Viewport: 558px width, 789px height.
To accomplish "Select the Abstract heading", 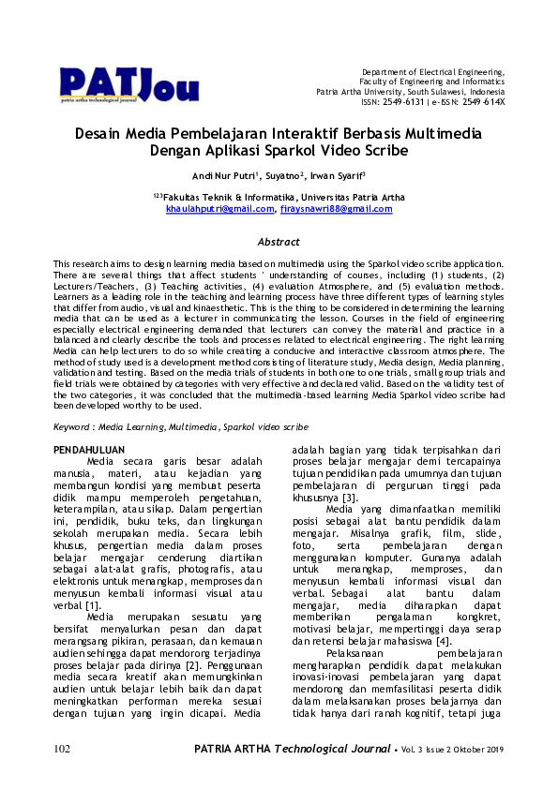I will pyautogui.click(x=279, y=241).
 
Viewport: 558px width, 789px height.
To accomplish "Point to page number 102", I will pyautogui.click(x=62, y=775).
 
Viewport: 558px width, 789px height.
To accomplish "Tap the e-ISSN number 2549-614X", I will pyautogui.click(x=485, y=101).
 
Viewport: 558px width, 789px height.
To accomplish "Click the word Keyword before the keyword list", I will pyautogui.click(x=76, y=425).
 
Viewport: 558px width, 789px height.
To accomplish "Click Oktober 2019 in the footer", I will pyautogui.click(x=478, y=776).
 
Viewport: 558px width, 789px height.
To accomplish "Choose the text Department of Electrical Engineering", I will pyautogui.click(x=433, y=72).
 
